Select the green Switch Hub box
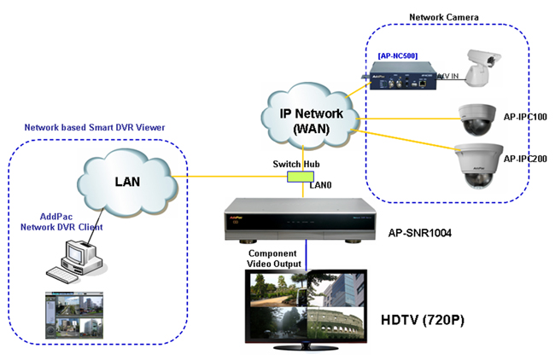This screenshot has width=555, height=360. tap(301, 177)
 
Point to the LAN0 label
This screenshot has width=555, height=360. tap(321, 184)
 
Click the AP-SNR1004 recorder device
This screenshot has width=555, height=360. tap(301, 221)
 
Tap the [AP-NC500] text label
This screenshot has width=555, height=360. tap(396, 55)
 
